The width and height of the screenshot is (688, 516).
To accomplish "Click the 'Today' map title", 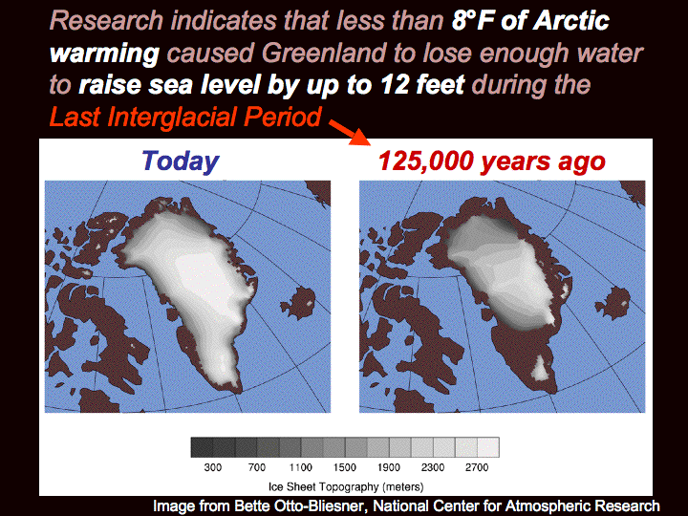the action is (180, 161).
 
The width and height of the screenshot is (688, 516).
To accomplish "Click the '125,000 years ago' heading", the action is (491, 161).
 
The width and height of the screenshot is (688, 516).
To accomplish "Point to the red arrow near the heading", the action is (350, 132).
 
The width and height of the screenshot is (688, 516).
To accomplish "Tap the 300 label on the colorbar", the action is (213, 467).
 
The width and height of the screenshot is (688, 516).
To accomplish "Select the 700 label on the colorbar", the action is (257, 467).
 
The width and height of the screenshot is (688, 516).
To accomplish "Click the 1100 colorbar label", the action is (301, 467).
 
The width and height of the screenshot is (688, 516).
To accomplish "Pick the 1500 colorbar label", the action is (344, 467).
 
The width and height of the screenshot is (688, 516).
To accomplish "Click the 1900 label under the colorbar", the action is (389, 467).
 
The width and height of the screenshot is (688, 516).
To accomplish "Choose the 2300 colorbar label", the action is (433, 467).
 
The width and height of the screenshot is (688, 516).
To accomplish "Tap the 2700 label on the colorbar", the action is (477, 467).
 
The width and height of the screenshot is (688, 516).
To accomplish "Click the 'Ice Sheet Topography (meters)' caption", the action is (346, 487).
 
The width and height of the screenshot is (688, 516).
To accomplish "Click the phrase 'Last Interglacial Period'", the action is (185, 118).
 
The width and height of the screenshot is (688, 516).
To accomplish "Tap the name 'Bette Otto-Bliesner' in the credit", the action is (299, 505).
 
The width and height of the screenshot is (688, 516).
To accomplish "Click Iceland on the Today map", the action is (298, 302).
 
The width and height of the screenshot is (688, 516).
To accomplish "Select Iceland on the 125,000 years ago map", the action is (613, 302).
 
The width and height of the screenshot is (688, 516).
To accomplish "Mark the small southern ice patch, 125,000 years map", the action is (540, 368).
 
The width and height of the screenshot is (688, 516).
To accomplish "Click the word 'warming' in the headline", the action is (104, 54).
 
